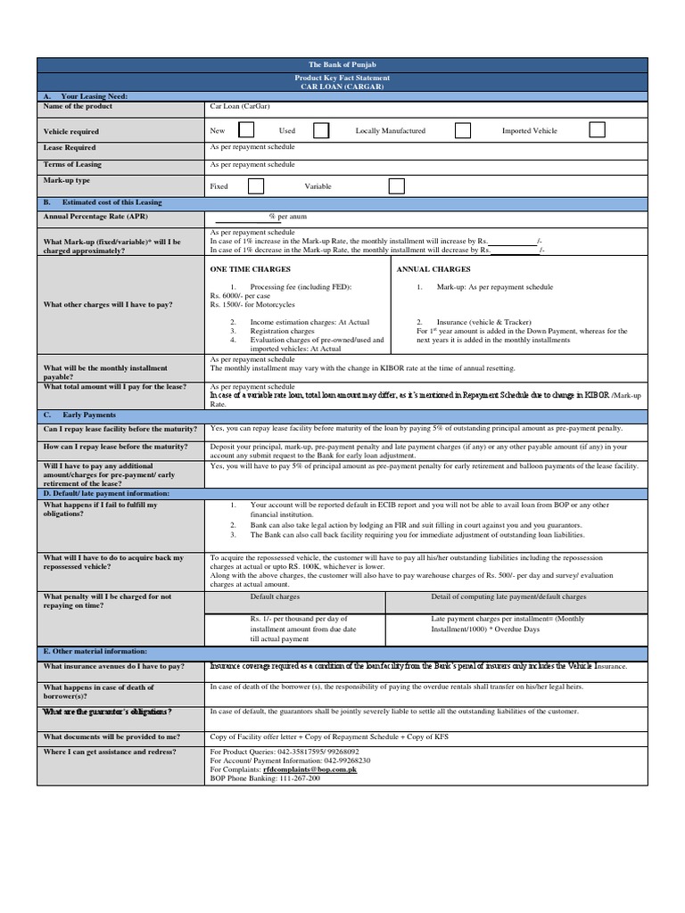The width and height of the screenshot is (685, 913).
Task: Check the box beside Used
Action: point(321,130)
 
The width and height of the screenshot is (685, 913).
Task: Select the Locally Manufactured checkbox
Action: point(463,130)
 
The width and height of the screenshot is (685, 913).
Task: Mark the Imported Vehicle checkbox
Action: point(597,130)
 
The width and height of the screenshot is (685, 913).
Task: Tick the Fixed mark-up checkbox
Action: point(256,186)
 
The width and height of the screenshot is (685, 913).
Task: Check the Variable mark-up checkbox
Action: point(396,186)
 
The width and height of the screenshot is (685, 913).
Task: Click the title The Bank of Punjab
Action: point(342,65)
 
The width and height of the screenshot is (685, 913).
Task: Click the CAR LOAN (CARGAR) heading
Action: point(342,86)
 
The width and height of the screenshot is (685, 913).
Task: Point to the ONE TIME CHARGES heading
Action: point(250,268)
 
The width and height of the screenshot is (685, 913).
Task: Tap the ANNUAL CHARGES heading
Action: point(433,268)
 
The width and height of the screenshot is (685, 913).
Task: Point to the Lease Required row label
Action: point(70,147)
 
